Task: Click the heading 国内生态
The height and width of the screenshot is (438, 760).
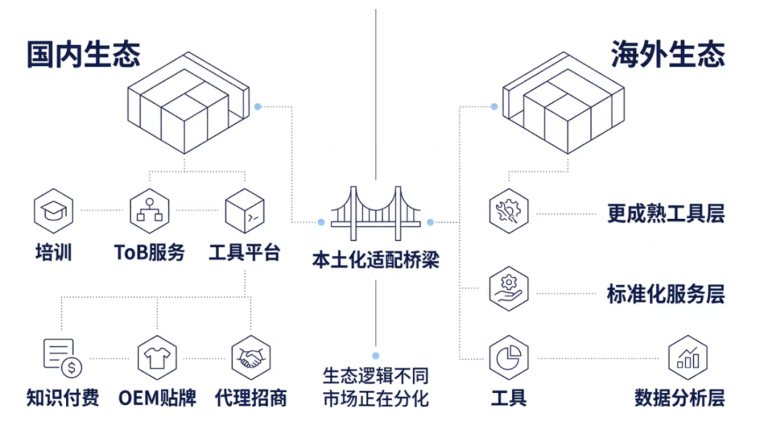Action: (x=84, y=54)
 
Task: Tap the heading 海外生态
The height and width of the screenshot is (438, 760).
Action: (x=668, y=54)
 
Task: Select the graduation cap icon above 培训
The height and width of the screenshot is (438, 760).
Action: (x=53, y=211)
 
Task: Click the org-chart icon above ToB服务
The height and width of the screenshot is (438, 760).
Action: (x=149, y=211)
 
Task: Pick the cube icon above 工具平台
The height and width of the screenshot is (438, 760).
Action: (x=244, y=211)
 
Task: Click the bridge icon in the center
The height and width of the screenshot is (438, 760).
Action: (x=376, y=211)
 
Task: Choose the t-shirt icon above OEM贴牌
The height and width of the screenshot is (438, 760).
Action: (x=157, y=357)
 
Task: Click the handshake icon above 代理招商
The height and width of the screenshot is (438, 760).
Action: (x=251, y=357)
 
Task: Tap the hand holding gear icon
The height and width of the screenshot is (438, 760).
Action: (x=509, y=288)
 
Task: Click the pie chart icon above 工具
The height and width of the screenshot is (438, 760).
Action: (x=509, y=357)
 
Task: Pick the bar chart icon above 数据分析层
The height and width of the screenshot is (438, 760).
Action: (x=688, y=357)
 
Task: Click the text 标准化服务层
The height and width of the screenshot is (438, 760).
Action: (x=666, y=294)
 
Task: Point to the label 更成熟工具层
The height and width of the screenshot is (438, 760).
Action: (x=666, y=213)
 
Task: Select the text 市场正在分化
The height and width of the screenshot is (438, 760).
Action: (x=376, y=399)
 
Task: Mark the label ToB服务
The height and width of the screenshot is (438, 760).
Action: (x=149, y=252)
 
